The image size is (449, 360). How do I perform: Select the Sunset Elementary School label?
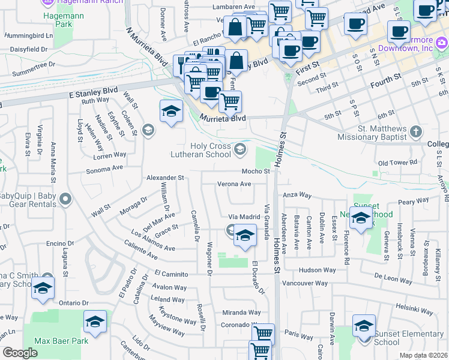[409, 338]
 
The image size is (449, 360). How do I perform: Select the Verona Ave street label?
[234, 184]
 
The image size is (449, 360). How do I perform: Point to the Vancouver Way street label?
[305, 283]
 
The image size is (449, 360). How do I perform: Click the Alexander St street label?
[165, 178]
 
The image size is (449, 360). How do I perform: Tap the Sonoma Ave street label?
[105, 169]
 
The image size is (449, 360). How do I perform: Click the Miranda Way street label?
[241, 313]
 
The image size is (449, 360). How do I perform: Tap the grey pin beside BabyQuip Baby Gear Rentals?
[65, 199]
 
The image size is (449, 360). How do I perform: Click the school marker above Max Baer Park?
[95, 322]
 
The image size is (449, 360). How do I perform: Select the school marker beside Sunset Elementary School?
[364, 326]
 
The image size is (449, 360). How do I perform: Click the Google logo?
[20, 353]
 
